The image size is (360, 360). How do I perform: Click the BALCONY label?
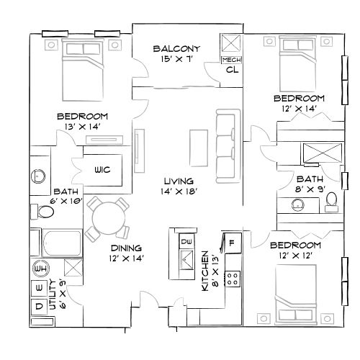coord(176,49)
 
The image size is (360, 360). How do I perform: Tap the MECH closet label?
coord(231,60)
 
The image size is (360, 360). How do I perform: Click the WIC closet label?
coord(102,170)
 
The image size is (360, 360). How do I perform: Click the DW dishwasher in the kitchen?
coord(186,240)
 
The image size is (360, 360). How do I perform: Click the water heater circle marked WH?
coord(40,269)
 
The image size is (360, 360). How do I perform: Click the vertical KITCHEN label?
coord(205,271)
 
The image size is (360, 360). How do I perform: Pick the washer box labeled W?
coord(39,289)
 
